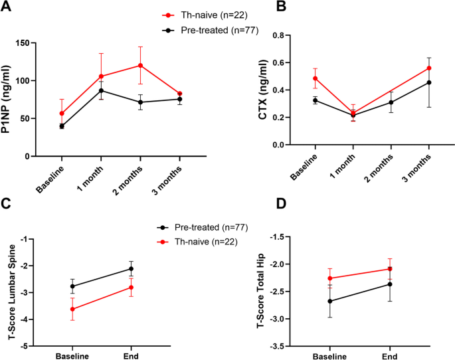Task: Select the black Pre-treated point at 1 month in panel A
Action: tap(101, 90)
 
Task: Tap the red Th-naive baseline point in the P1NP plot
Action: tap(62, 114)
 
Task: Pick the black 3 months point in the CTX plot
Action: tap(430, 82)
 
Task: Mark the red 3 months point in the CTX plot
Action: tap(430, 68)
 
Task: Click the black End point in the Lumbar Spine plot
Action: tap(132, 269)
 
